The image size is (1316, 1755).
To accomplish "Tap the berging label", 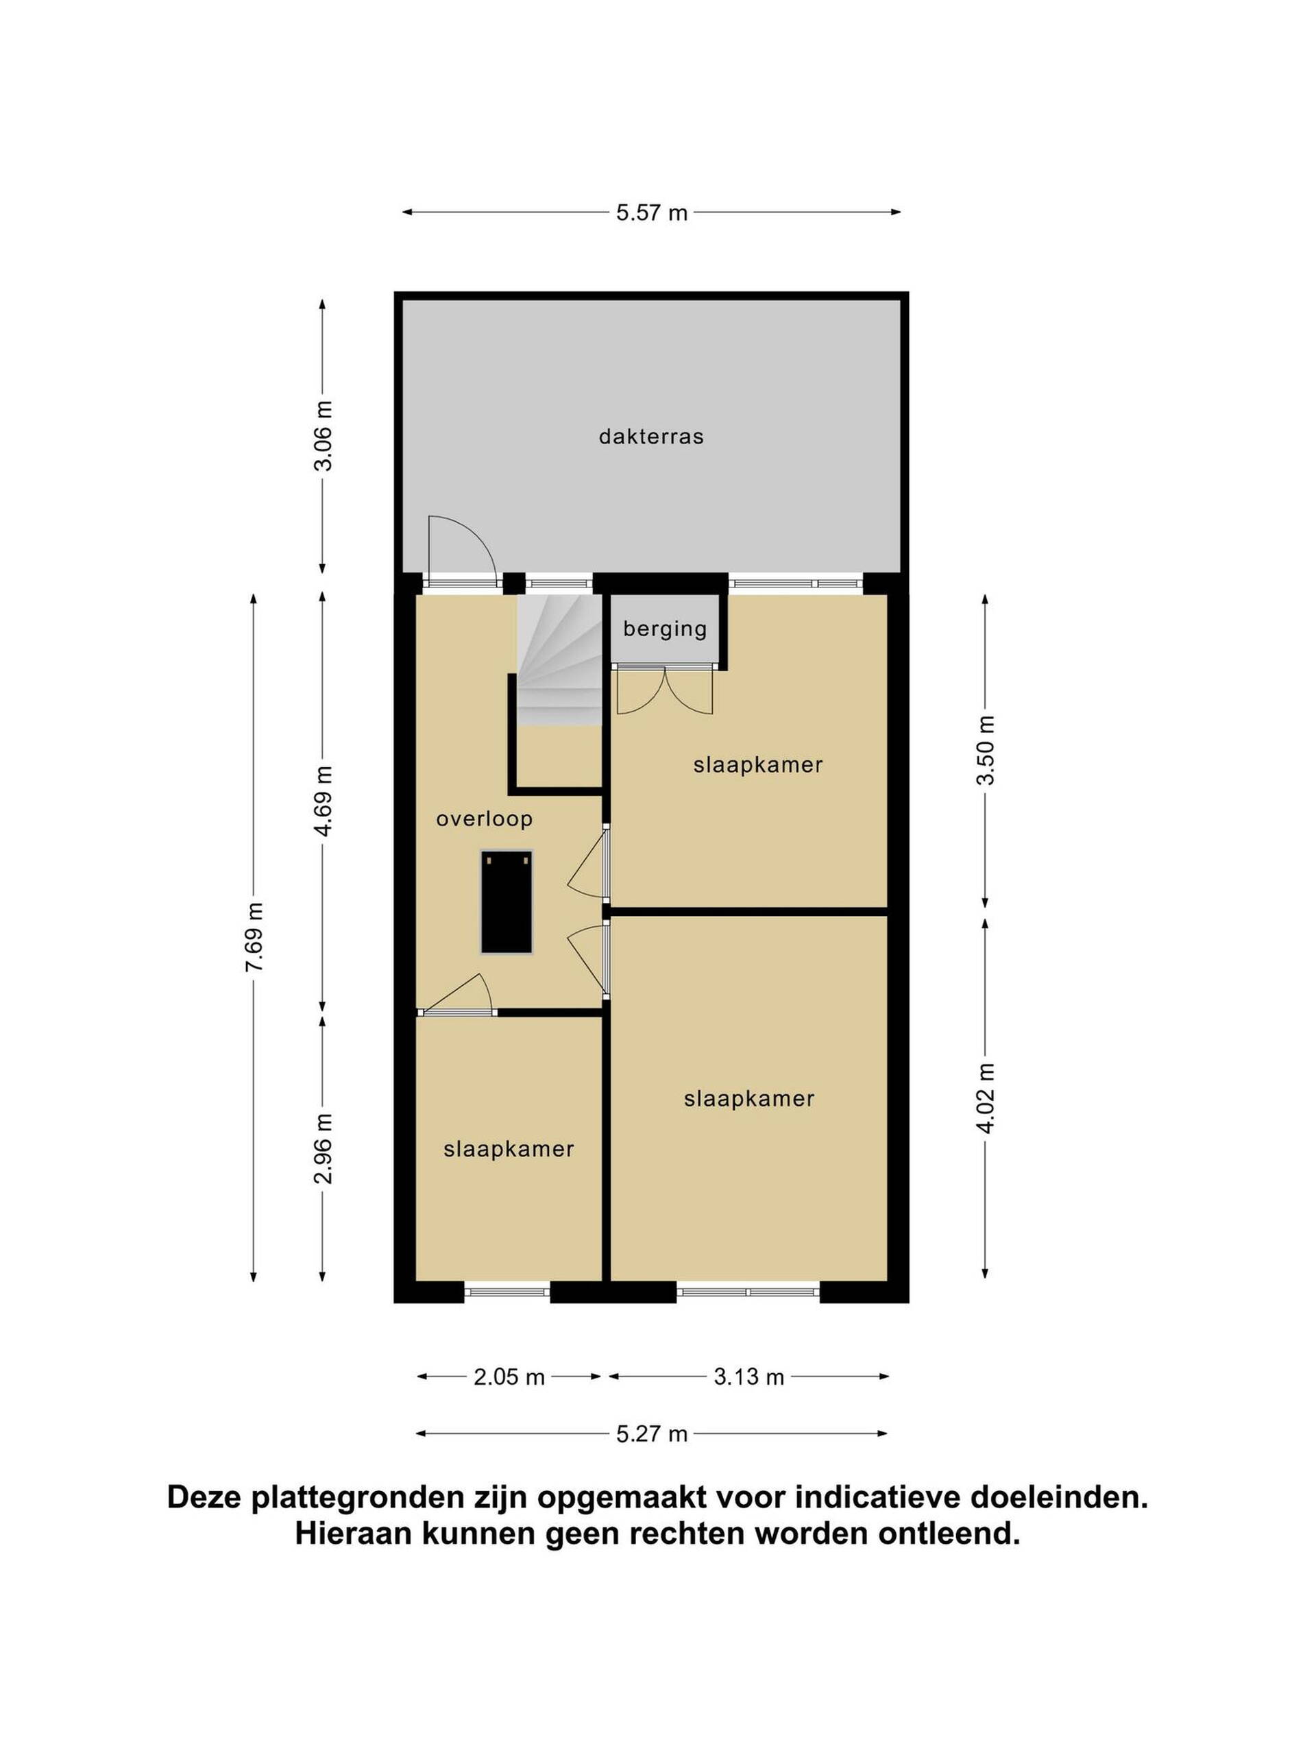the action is pyautogui.click(x=665, y=629).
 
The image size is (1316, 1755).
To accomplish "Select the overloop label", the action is pyautogui.click(x=484, y=819).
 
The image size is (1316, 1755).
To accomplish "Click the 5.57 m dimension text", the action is pyautogui.click(x=651, y=213).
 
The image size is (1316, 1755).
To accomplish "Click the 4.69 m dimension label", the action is pyautogui.click(x=323, y=801).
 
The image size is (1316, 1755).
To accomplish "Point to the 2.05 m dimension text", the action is pyautogui.click(x=509, y=1377).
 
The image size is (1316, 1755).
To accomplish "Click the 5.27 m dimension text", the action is pyautogui.click(x=651, y=1433).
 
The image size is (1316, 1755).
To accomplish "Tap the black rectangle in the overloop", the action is pyautogui.click(x=506, y=902).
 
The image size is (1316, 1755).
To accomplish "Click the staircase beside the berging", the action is pyautogui.click(x=559, y=659).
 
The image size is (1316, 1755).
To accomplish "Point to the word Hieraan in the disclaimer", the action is pyautogui.click(x=354, y=1534).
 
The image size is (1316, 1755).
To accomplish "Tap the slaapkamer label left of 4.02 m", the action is pyautogui.click(x=749, y=1099).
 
